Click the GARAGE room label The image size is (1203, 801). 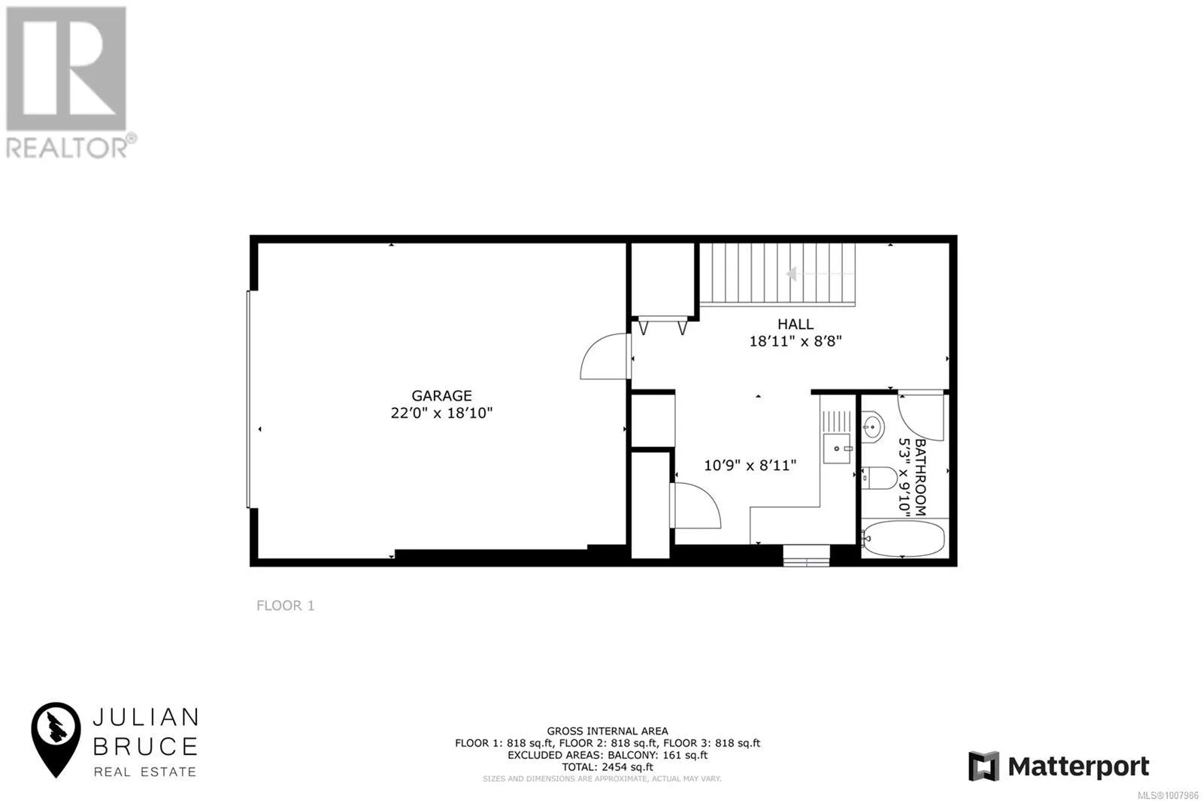pyautogui.click(x=441, y=395)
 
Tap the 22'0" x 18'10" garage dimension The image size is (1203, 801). pyautogui.click(x=441, y=413)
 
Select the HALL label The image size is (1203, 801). pyautogui.click(x=795, y=324)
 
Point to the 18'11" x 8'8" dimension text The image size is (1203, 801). pyautogui.click(x=795, y=341)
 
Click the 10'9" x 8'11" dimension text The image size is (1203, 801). pyautogui.click(x=750, y=465)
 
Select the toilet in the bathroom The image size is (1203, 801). pyautogui.click(x=879, y=477)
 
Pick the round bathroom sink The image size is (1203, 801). pyautogui.click(x=872, y=427)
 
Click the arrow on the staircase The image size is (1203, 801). pyautogui.click(x=792, y=274)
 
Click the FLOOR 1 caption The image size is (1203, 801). pyautogui.click(x=285, y=606)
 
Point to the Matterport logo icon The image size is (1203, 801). pyautogui.click(x=983, y=766)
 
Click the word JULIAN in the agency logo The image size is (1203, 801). pyautogui.click(x=145, y=717)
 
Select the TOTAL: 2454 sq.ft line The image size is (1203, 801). pyautogui.click(x=608, y=767)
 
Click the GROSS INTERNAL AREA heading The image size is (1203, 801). pyautogui.click(x=608, y=731)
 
